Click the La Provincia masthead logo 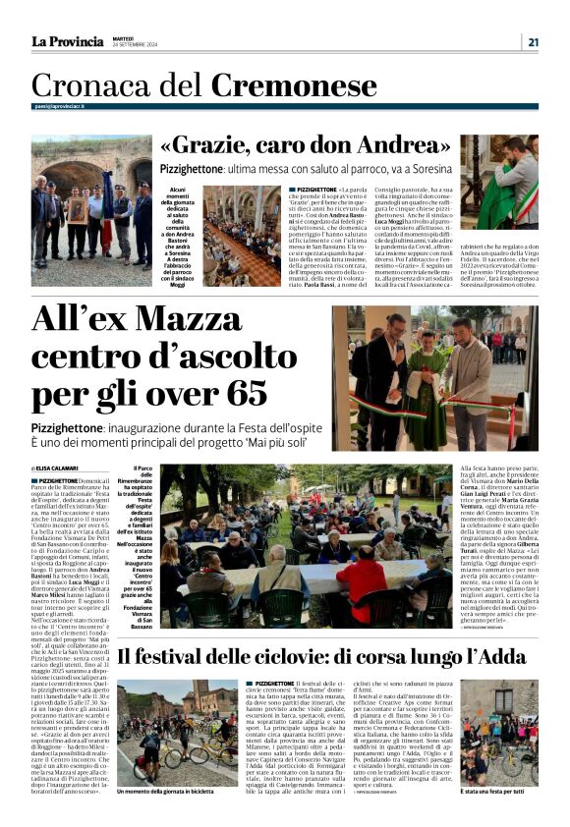pyautogui.click(x=67, y=41)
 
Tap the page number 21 pyautogui.click(x=533, y=41)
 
